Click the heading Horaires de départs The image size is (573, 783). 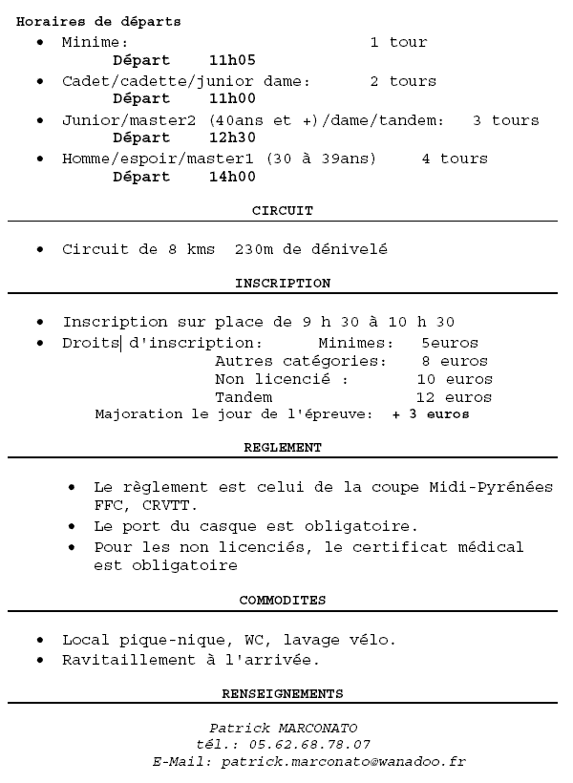(98, 21)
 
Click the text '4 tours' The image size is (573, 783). (455, 159)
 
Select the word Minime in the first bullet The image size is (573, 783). (91, 43)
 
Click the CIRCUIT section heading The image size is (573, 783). (282, 210)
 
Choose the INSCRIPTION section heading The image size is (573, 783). (282, 284)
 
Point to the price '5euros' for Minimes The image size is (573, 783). (449, 343)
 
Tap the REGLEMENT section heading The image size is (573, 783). (282, 447)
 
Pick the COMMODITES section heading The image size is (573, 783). (282, 601)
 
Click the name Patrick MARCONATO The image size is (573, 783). (283, 729)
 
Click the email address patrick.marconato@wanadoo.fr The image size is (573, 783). (343, 762)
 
